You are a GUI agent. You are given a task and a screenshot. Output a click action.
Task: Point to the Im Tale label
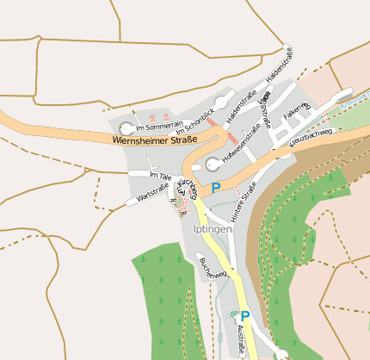pyautogui.click(x=160, y=175)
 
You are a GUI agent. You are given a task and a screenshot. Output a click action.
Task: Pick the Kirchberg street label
pyautogui.click(x=188, y=188)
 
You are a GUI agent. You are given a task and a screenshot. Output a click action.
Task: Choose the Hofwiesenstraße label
pyautogui.click(x=241, y=146)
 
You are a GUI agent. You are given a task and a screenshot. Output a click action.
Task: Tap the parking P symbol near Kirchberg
pyautogui.click(x=216, y=187)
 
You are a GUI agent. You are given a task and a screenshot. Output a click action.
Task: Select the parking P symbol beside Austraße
pyautogui.click(x=245, y=317)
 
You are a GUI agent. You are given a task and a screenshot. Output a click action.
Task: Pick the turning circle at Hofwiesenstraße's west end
pyautogui.click(x=213, y=164)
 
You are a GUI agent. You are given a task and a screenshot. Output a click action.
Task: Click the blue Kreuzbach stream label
pyautogui.click(x=353, y=103)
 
